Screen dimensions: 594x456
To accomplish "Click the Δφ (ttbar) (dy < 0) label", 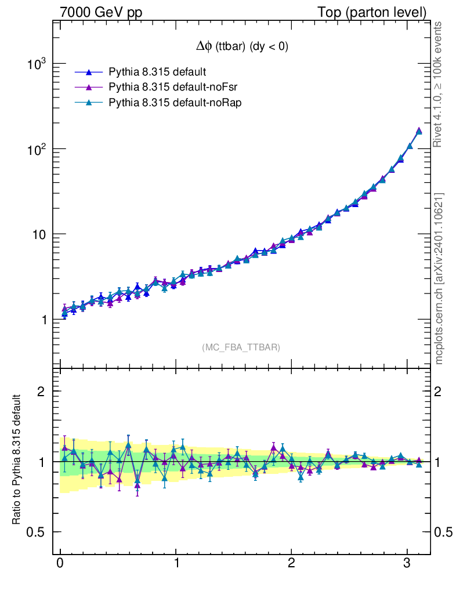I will [x=241, y=47].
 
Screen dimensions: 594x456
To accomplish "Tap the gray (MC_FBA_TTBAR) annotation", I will [x=241, y=347].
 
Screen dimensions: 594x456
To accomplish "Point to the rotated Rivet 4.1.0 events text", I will [x=439, y=84].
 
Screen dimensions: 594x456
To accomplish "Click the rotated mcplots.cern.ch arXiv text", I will [x=439, y=278].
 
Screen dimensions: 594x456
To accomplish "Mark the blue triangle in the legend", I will [x=89, y=72].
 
